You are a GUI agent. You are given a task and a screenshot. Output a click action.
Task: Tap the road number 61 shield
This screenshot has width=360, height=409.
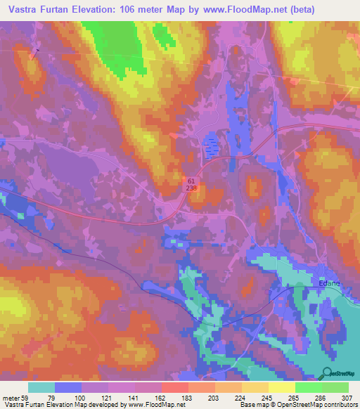point(192,181)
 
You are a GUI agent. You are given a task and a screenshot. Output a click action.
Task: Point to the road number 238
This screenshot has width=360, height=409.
point(192,188)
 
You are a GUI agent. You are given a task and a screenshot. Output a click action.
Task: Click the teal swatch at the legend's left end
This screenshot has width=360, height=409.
point(41,388)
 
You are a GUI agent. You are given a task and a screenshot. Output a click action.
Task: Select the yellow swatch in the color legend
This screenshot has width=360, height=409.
point(281,388)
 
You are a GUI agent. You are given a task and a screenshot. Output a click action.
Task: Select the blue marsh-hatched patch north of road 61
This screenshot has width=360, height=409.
point(210,147)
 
